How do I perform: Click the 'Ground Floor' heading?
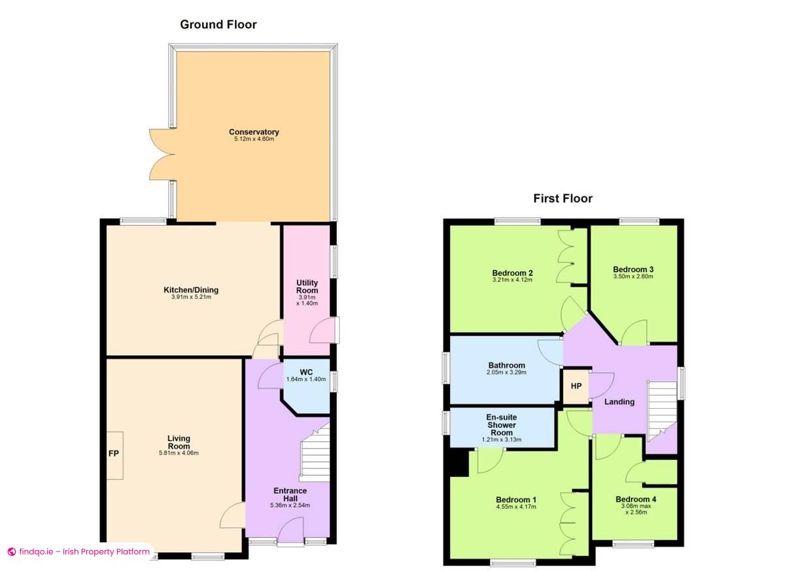click(218, 25)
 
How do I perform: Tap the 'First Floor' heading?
click(563, 198)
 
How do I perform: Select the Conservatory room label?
click(254, 132)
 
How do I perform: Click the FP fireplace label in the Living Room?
click(114, 455)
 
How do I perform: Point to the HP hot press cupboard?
click(576, 386)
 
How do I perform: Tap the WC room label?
click(305, 372)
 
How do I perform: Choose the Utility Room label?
click(307, 286)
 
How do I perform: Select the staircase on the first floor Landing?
click(661, 412)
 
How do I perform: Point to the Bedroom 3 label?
click(633, 269)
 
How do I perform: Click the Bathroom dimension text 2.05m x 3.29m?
click(506, 373)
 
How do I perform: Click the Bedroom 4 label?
click(635, 499)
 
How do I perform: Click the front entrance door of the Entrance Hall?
click(290, 530)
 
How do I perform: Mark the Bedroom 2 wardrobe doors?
click(565, 256)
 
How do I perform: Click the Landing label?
click(619, 402)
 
